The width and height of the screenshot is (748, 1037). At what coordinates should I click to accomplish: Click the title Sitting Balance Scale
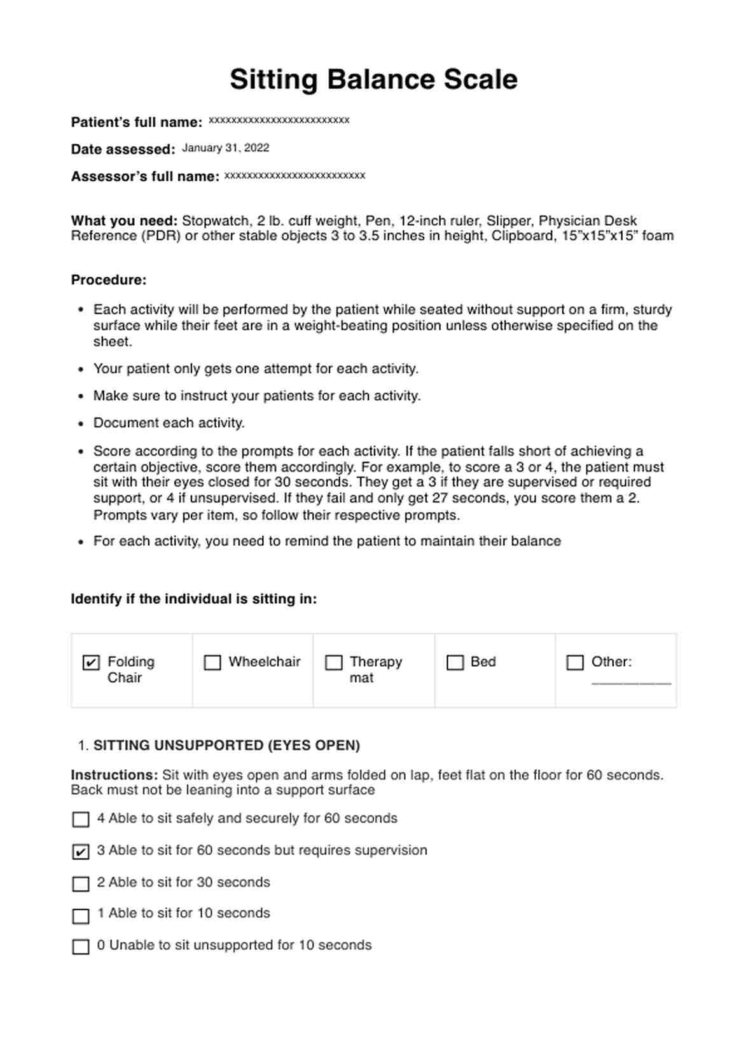[x=373, y=80]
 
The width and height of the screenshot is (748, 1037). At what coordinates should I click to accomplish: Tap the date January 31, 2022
[x=225, y=148]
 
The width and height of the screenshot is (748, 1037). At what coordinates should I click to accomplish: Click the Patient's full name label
[x=136, y=122]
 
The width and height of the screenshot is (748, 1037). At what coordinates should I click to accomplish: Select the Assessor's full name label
[x=145, y=177]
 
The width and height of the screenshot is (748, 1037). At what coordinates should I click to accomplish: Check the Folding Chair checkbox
[x=91, y=662]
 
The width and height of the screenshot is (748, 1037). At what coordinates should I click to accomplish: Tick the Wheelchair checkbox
[x=212, y=662]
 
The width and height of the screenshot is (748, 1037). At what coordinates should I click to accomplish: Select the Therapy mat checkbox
[x=333, y=662]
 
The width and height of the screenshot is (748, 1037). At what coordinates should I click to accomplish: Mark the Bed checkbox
[x=455, y=662]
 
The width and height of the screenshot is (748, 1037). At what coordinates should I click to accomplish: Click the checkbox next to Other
[x=574, y=662]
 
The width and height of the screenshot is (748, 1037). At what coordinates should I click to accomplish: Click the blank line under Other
[x=630, y=682]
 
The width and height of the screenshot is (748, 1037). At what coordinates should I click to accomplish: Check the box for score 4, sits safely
[x=81, y=819]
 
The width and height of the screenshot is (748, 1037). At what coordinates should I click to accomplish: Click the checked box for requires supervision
[x=81, y=851]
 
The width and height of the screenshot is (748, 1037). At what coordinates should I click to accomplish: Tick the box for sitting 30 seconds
[x=81, y=884]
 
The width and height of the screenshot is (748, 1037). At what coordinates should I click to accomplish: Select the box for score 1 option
[x=81, y=915]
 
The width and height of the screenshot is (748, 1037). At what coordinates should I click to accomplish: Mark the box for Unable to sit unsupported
[x=81, y=947]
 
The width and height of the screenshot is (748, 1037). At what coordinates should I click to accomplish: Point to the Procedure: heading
[x=109, y=280]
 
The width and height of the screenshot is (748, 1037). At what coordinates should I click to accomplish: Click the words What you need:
[x=124, y=221]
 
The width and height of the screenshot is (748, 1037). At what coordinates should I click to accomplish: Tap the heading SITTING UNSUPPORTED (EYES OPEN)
[x=226, y=746]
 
